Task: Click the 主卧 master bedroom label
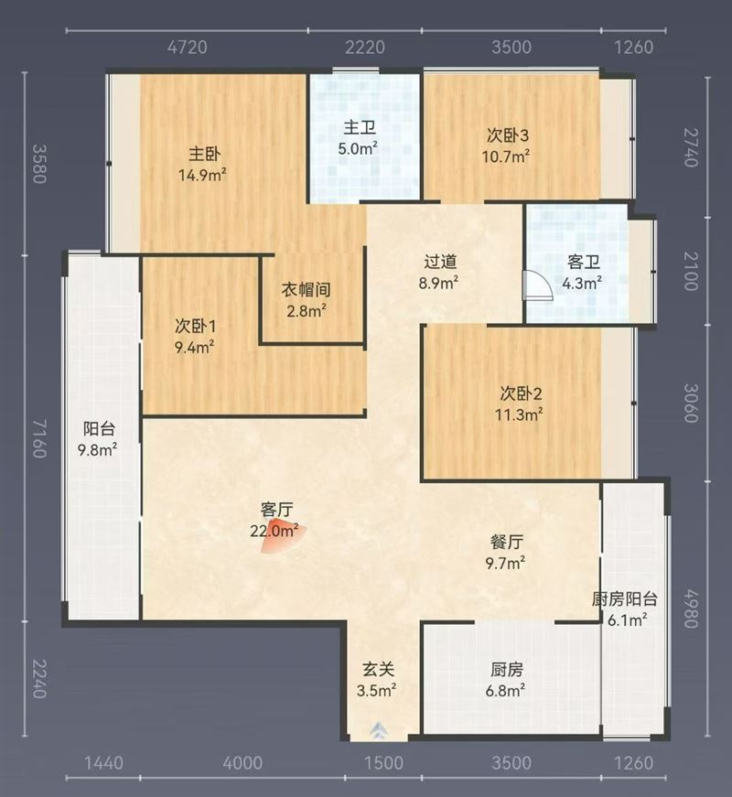(204, 154)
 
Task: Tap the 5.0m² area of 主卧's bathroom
(358, 149)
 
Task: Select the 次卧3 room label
(507, 135)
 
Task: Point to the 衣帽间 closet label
(306, 290)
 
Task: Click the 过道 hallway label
(440, 262)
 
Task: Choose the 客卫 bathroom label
(584, 263)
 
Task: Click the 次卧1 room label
(196, 327)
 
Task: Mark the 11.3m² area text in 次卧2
(519, 415)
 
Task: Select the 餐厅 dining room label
(507, 543)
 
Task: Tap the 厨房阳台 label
(625, 599)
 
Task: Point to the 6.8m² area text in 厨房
(505, 691)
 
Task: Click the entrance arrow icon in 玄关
(379, 730)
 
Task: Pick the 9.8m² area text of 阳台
(98, 450)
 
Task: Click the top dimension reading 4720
(188, 48)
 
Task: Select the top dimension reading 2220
(365, 48)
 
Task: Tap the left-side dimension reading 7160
(39, 438)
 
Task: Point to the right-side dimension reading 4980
(690, 609)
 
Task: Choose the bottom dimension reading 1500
(384, 763)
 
